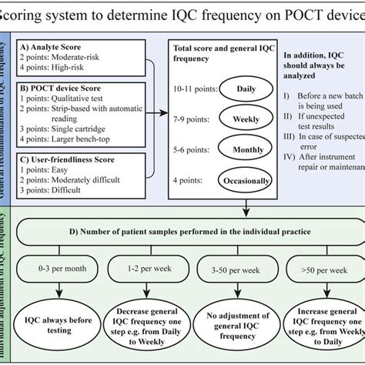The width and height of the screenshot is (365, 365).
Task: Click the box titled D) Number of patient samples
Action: point(189,231)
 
